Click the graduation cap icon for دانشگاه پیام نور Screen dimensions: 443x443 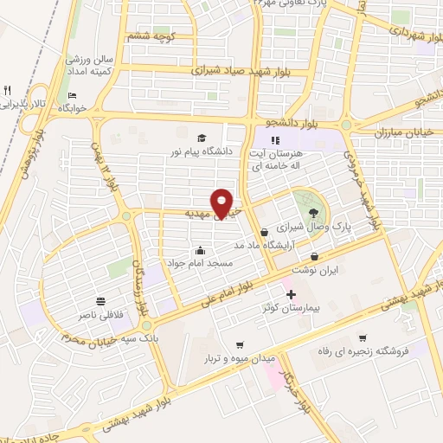pos(202,138)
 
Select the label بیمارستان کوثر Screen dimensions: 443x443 pos(292,308)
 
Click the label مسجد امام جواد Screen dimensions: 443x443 pos(202,262)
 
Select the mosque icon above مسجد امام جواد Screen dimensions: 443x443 pos(201,250)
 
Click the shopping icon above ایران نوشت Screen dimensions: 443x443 pos(314,256)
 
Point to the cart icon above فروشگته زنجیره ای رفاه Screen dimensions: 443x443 pos(362,337)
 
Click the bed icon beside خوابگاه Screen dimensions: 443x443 pos(72,95)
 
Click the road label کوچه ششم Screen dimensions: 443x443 pos(151,36)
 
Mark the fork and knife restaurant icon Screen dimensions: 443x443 pos(8,91)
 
